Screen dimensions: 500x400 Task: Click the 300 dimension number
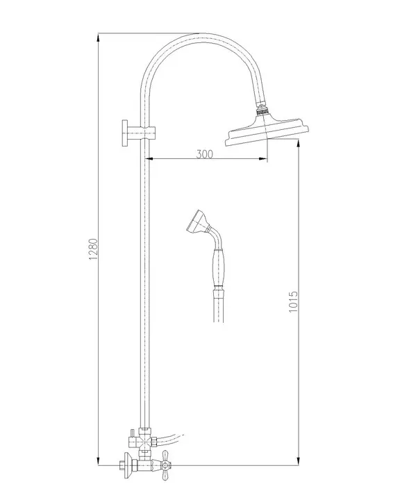(x=204, y=154)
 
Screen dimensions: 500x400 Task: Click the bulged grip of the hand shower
(x=217, y=265)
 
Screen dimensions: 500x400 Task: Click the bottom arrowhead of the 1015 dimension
(x=299, y=462)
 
